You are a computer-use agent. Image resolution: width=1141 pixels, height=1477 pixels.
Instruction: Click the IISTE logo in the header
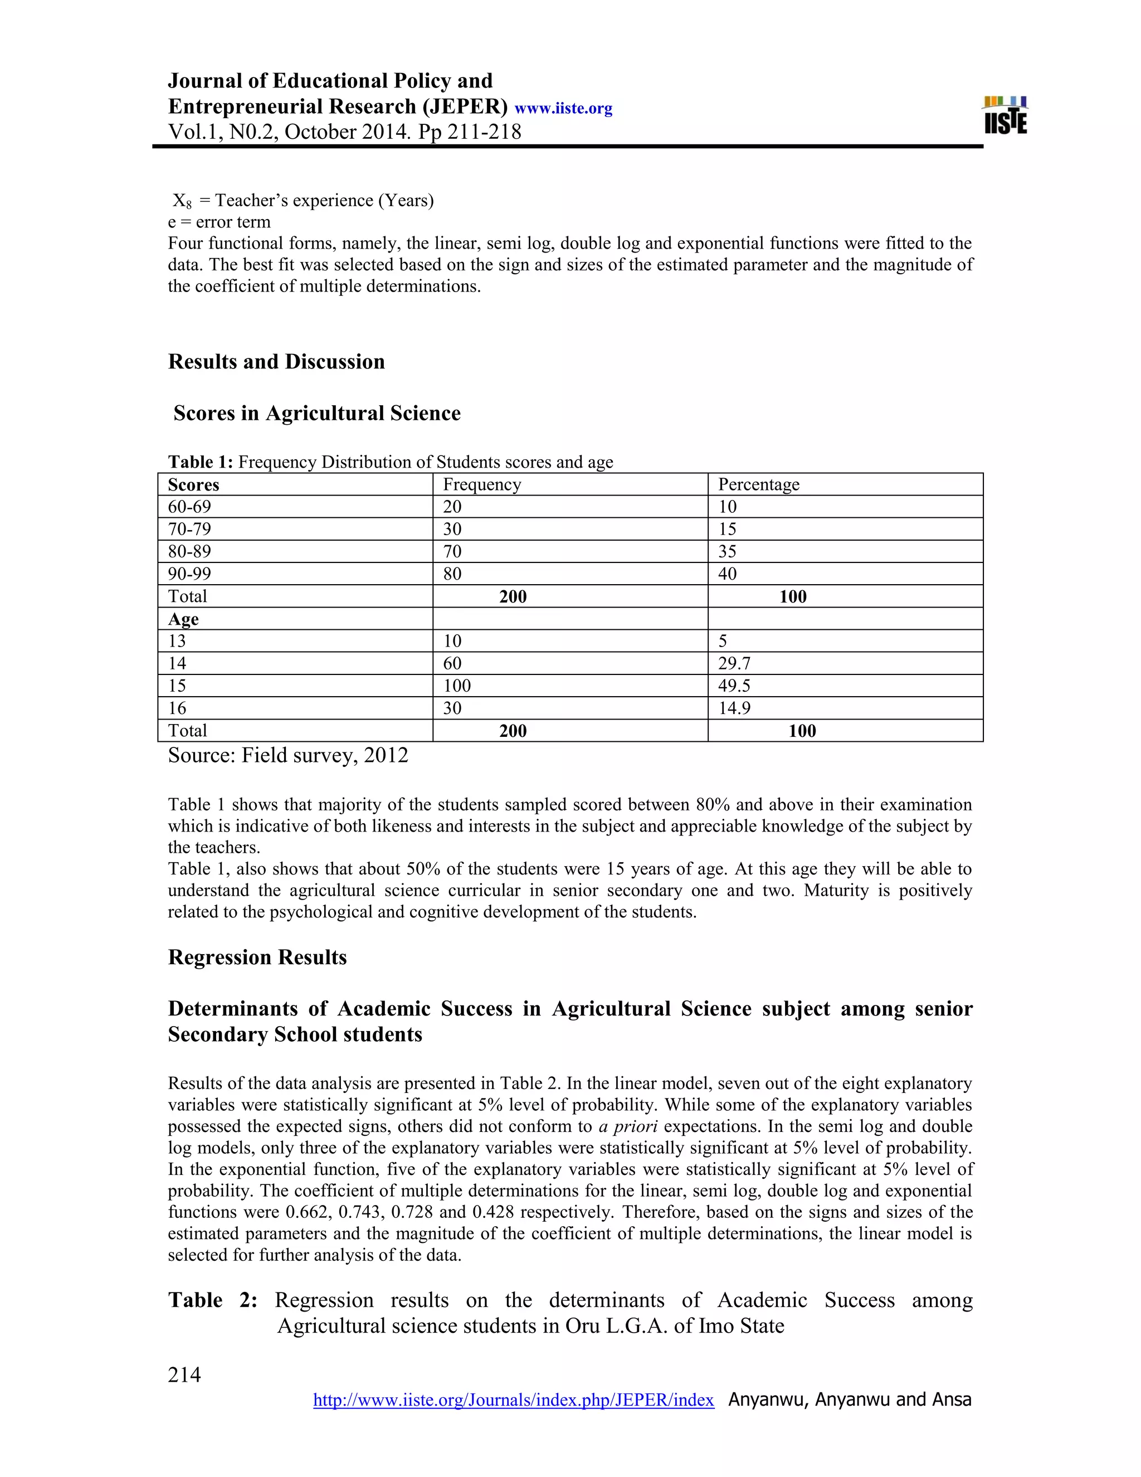(1006, 115)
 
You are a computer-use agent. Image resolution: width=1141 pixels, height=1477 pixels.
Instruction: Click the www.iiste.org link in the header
(563, 109)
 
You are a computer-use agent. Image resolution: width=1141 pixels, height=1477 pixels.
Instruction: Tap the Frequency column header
(482, 484)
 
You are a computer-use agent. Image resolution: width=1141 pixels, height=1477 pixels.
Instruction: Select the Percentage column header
(758, 484)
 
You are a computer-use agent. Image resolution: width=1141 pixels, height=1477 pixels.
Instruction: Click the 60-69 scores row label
(189, 507)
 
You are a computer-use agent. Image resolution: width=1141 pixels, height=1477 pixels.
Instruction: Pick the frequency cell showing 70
(452, 551)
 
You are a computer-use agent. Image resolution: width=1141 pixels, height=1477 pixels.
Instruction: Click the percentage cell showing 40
(727, 574)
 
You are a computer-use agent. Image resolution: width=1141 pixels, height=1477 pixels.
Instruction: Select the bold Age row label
(183, 619)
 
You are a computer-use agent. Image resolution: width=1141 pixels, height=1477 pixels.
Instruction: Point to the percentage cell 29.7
(734, 663)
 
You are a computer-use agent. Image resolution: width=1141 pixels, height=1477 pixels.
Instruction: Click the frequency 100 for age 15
(457, 686)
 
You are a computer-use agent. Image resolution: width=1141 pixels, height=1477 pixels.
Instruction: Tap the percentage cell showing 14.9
(734, 708)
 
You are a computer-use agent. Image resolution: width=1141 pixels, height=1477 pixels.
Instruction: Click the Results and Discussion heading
(276, 362)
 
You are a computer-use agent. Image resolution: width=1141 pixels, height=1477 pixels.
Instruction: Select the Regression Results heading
(257, 958)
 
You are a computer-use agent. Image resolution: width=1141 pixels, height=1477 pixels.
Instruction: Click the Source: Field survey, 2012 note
(288, 755)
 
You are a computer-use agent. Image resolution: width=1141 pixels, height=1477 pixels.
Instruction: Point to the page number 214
(184, 1375)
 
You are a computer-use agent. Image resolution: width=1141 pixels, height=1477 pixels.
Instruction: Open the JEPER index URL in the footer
(513, 1400)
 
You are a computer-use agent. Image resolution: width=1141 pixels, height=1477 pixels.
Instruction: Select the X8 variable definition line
(303, 201)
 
